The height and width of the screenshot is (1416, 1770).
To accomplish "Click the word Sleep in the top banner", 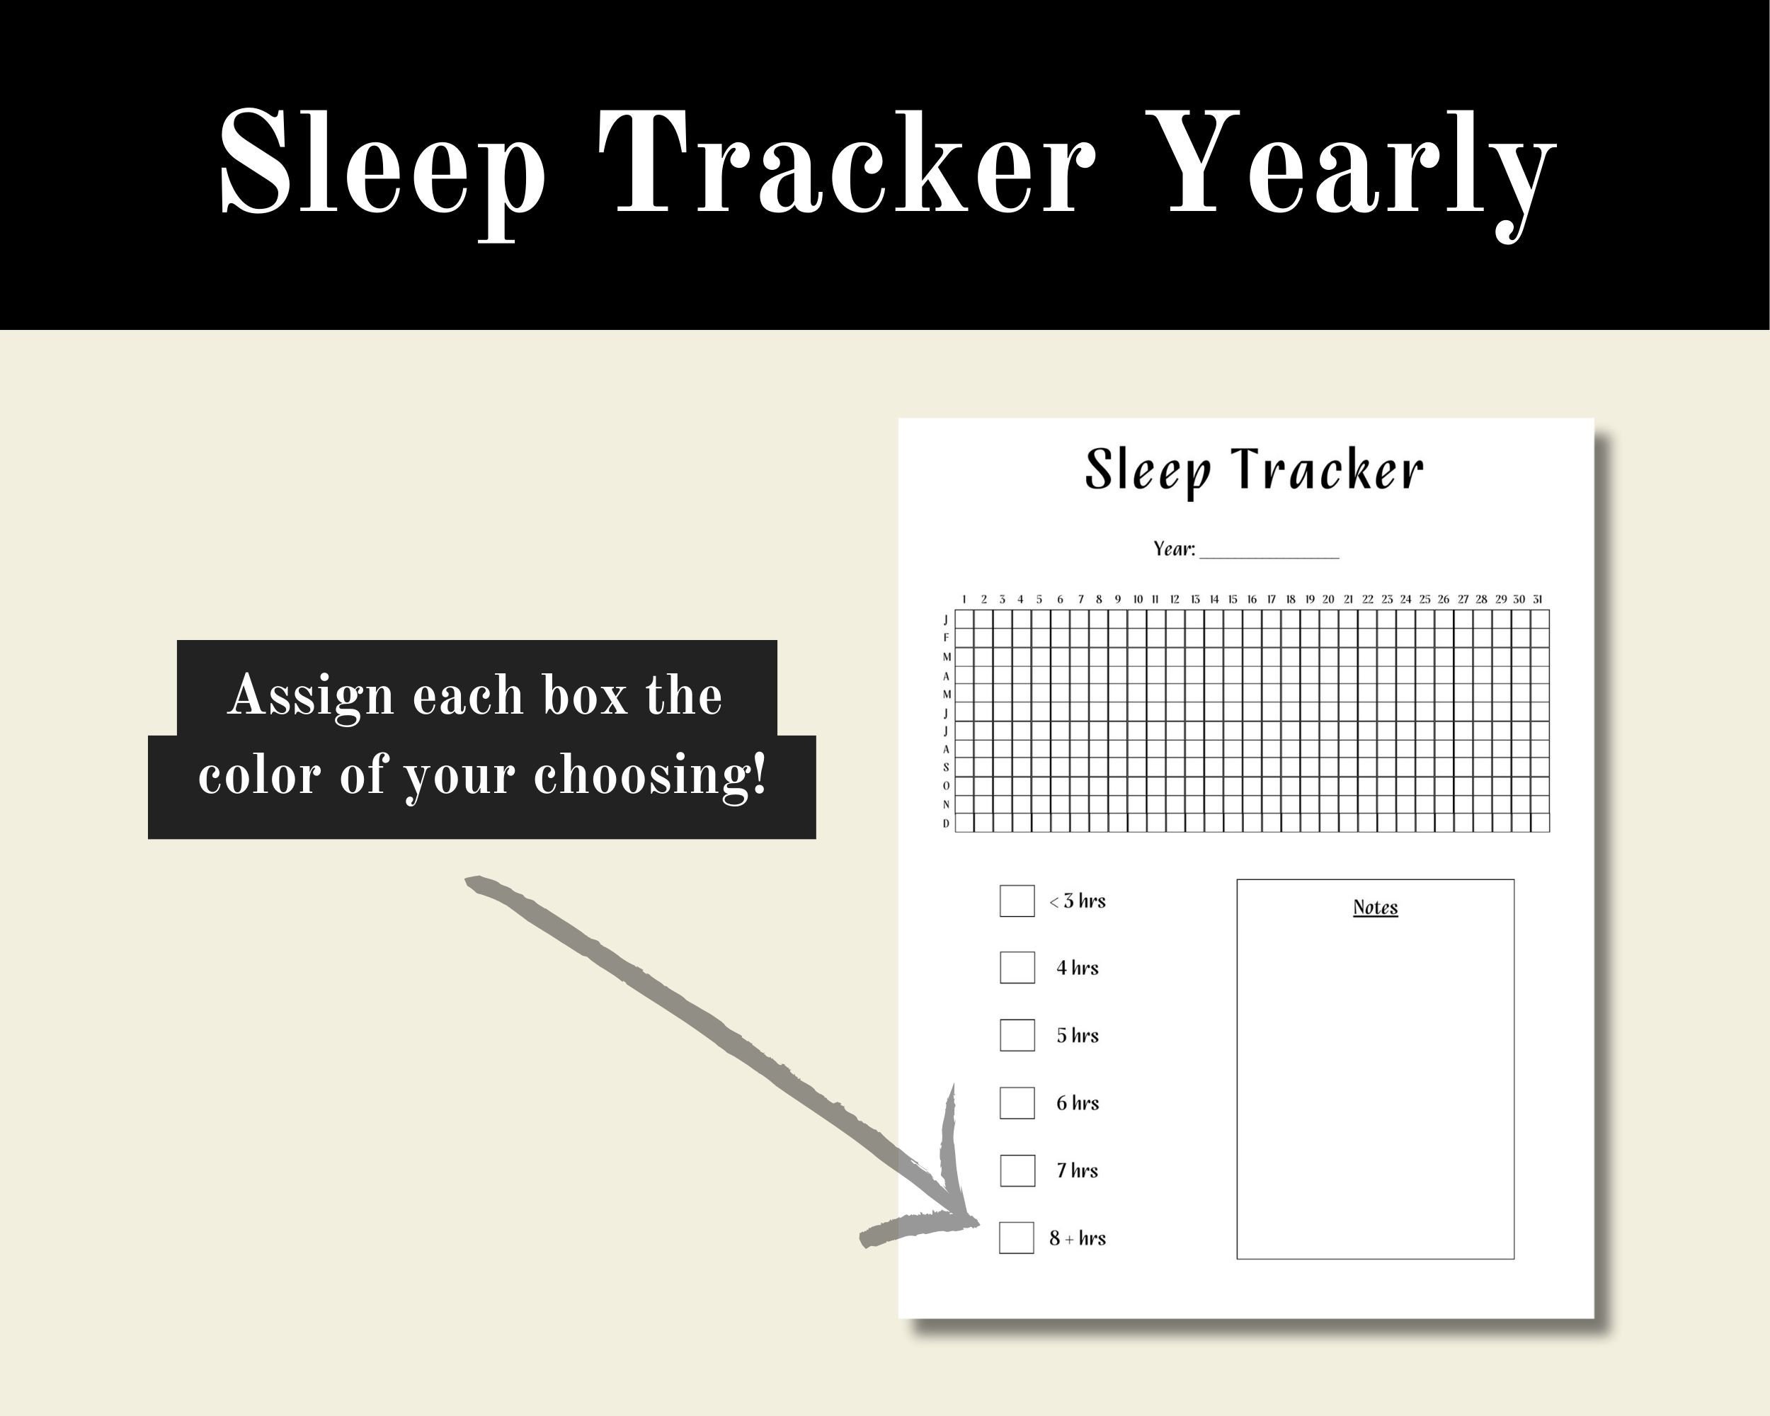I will [382, 164].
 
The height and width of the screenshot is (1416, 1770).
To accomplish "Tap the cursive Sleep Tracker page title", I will [1254, 469].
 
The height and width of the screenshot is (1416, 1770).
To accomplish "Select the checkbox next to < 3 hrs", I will [1017, 901].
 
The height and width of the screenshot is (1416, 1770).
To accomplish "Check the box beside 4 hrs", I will [1017, 968].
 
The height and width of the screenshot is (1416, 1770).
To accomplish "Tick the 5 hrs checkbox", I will [1017, 1035].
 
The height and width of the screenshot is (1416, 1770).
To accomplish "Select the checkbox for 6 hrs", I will [1017, 1102].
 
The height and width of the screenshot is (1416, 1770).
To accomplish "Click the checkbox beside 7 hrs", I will [1017, 1170].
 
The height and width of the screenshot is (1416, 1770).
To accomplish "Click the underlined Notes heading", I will [1375, 907].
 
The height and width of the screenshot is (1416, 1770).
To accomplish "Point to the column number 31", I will [1538, 599].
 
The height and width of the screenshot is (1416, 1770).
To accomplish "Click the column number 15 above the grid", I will [1232, 599].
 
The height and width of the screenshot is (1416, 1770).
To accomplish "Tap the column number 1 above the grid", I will [964, 599].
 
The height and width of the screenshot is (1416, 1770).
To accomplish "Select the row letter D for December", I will [946, 823].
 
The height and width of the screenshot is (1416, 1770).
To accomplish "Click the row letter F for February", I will [946, 638].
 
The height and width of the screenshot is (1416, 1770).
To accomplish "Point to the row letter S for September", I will [946, 767].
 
